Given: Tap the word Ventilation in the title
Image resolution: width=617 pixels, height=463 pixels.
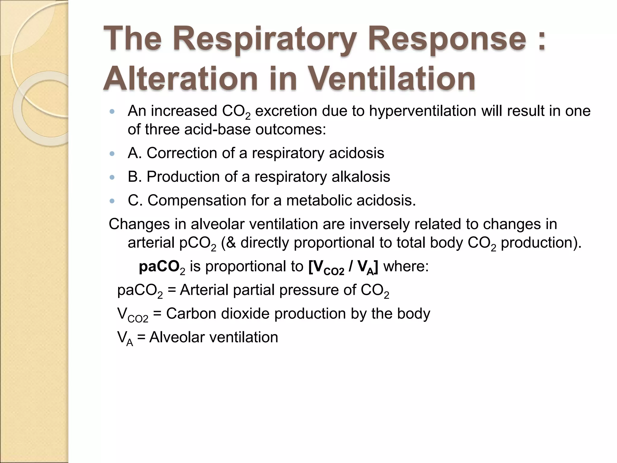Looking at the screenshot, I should point(392,78).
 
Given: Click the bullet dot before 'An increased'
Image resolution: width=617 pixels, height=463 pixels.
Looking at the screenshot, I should point(112,112).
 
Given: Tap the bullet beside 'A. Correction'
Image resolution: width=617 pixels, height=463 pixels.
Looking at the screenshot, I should point(112,153).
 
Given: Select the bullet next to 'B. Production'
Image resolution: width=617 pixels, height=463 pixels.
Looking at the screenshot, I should point(112,177).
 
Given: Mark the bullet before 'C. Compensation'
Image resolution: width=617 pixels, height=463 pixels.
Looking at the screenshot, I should point(112,201).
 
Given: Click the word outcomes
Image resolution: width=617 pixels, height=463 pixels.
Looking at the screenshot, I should point(290,130).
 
